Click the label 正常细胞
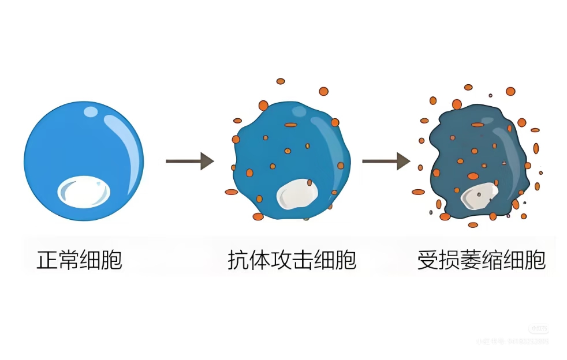pos(79,260)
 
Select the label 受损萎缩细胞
pos(481,260)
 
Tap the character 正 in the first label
pos(47,260)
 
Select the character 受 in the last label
pos(427,260)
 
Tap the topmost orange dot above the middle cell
pos(281,81)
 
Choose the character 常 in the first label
pos(68,260)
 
